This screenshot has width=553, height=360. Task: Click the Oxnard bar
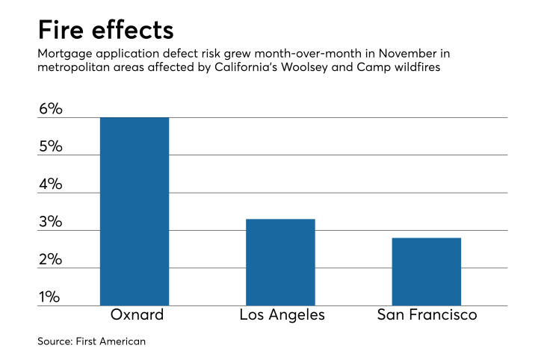135,211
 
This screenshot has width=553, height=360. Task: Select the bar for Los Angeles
280,262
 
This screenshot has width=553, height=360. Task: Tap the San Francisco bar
427,271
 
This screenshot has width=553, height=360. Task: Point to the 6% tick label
50,109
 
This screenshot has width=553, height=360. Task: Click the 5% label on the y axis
50,146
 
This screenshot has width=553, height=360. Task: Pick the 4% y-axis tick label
50,184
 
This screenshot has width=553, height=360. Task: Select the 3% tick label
50,223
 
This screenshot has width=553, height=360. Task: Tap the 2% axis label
50,260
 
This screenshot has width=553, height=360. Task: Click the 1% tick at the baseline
50,298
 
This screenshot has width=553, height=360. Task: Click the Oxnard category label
135,315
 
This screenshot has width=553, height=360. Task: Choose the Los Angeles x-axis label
282,315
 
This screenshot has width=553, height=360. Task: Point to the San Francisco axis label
427,315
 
